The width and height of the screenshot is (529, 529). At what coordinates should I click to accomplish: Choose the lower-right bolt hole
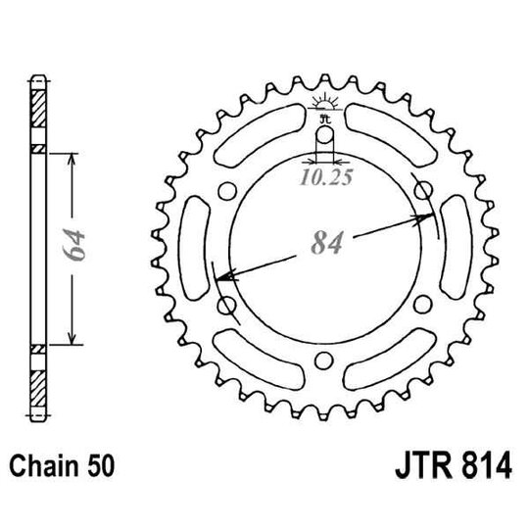[x=423, y=307]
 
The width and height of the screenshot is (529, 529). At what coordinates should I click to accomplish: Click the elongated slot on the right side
[x=456, y=249]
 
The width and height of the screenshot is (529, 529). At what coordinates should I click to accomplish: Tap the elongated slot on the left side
[x=194, y=249]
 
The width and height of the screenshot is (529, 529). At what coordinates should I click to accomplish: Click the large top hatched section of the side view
[x=38, y=113]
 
